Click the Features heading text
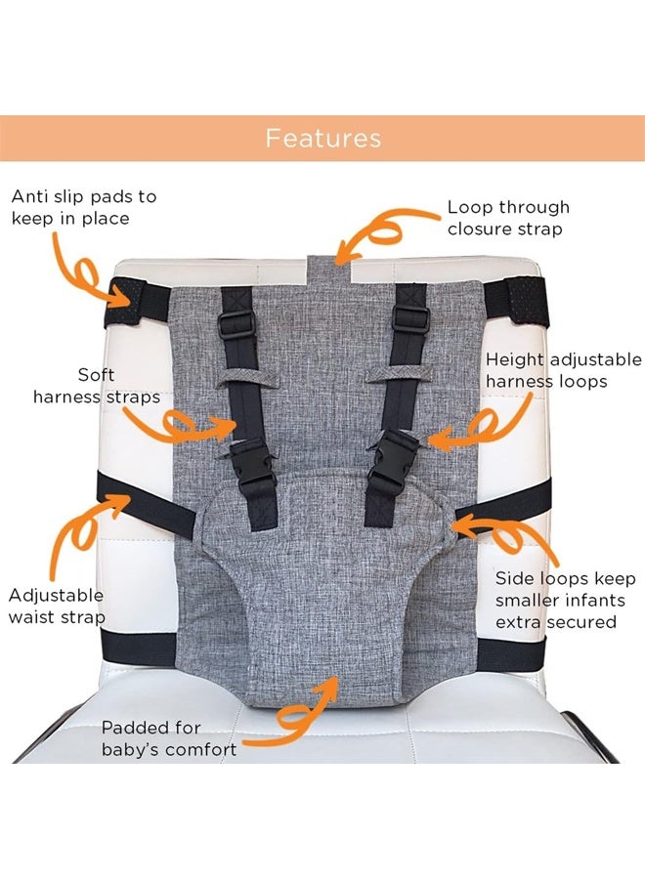tap(322, 138)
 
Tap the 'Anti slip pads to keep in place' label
tap(84, 207)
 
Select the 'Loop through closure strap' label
tap(508, 218)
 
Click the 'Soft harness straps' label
tap(97, 386)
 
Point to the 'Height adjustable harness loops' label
tap(564, 370)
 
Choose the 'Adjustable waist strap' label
tap(57, 606)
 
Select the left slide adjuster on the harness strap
tap(236, 326)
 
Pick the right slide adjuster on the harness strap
tap(409, 319)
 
